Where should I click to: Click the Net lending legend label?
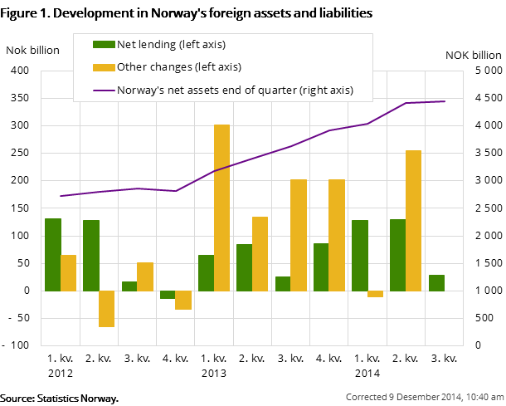171,44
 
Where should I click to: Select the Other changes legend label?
179,66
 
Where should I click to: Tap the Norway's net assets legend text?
235,90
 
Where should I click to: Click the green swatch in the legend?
104,44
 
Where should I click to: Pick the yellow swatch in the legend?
104,66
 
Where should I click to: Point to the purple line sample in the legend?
104,90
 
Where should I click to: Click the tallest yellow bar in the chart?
221,208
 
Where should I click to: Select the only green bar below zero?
168,295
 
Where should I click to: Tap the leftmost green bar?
53,254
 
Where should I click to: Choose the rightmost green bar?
436,282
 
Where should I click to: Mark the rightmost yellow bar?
413,220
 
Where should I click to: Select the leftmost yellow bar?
68,272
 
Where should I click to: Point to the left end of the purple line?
61,196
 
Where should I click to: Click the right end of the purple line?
445,101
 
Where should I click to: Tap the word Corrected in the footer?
366,396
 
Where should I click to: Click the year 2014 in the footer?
439,396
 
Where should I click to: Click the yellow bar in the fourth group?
183,300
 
